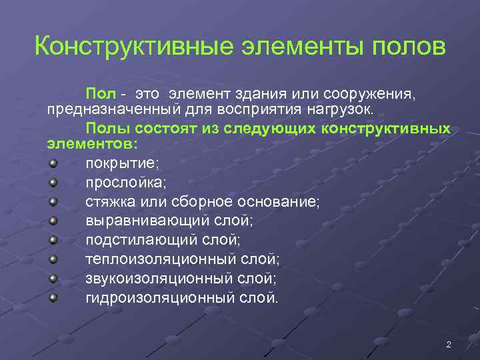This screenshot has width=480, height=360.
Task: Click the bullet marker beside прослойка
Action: click(x=53, y=181)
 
